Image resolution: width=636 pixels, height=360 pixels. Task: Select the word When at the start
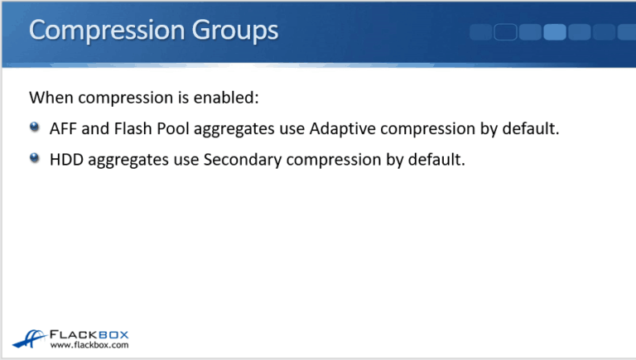point(49,98)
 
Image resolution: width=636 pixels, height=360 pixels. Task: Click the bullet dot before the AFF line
point(34,128)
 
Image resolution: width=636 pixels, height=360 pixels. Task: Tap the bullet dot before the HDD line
point(34,158)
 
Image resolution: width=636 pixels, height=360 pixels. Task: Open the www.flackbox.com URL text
point(89,345)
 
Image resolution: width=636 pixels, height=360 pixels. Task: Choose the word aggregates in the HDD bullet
point(129,160)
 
